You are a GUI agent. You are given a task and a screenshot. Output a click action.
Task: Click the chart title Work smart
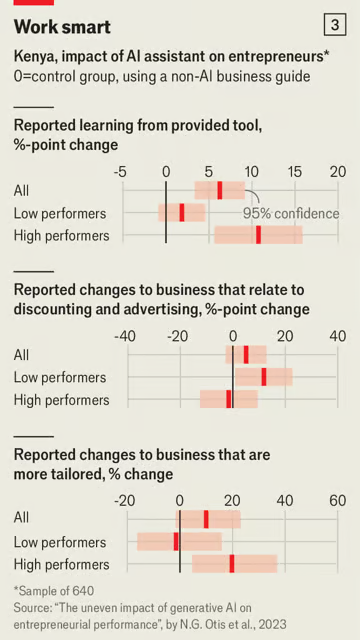(x=62, y=27)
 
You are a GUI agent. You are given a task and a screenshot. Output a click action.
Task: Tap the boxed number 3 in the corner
(x=333, y=26)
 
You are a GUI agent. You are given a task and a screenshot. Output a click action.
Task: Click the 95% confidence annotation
(x=291, y=213)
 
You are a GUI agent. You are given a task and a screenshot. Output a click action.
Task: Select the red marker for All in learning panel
(x=220, y=190)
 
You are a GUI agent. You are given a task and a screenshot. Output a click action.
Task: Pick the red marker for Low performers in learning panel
(x=182, y=212)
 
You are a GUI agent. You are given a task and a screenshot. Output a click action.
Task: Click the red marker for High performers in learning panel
(x=258, y=235)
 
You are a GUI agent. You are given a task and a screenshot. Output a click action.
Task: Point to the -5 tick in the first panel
(x=121, y=171)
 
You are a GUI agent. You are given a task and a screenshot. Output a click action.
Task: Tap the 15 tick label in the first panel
(x=295, y=171)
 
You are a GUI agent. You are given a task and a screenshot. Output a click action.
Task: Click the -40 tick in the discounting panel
(x=125, y=336)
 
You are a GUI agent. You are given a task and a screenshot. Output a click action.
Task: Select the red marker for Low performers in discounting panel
(x=264, y=377)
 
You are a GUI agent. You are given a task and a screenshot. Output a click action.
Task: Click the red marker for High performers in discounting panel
(x=229, y=399)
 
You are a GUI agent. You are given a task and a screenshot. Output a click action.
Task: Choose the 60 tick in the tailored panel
(x=337, y=499)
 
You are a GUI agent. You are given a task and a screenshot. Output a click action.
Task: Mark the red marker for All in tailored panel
(x=206, y=518)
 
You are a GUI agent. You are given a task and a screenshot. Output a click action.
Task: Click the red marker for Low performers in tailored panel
(x=176, y=541)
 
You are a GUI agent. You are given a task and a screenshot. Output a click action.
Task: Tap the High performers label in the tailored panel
(x=61, y=564)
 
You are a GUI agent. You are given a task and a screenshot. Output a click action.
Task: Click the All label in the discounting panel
(x=21, y=355)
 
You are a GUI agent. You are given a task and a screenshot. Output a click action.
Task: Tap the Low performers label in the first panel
(x=60, y=213)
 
